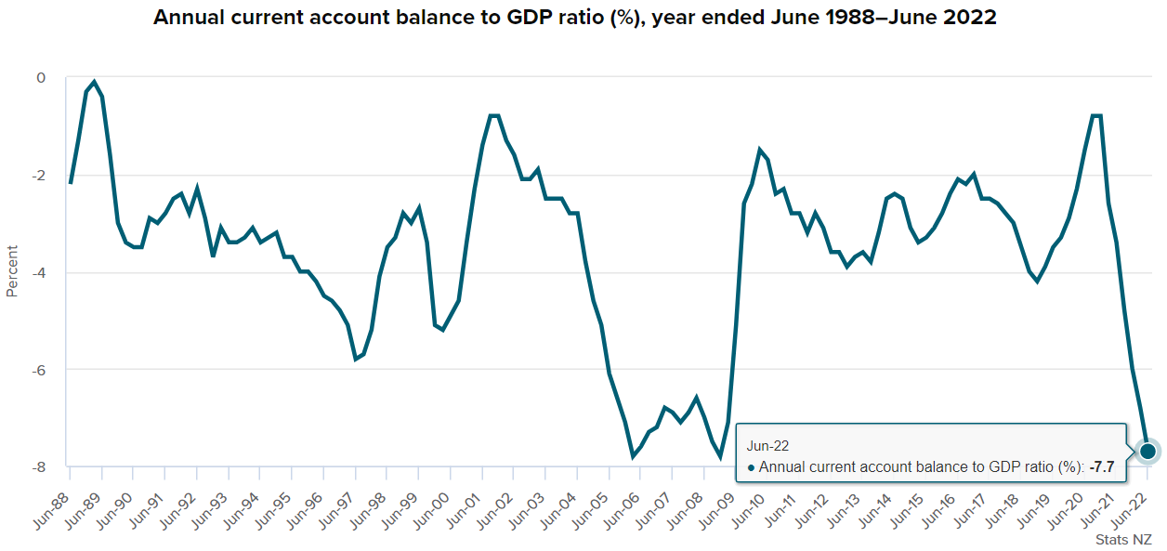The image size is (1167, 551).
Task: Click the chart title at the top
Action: click(574, 18)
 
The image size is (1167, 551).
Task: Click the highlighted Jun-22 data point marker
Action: click(1147, 451)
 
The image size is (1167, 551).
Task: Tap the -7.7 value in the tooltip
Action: click(1101, 466)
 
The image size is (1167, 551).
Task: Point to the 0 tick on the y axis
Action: click(41, 78)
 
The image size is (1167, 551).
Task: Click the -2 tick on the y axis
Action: click(38, 176)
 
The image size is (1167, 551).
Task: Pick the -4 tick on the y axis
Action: click(38, 273)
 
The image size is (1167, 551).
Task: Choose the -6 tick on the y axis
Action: click(38, 370)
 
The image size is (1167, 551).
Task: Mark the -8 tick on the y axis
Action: click(38, 467)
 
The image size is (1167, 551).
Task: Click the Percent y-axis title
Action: click(12, 270)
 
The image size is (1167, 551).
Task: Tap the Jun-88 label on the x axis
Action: click(54, 494)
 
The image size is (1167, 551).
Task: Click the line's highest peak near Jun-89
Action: click(94, 82)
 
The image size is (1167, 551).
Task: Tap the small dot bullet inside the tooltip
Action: click(751, 467)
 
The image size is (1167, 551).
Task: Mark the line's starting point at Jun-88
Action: click(71, 184)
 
